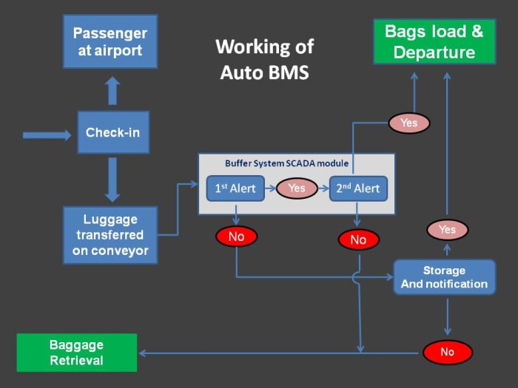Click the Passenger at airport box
point(110,42)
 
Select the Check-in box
point(112,132)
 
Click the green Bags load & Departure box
point(434,41)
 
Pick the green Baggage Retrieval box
point(77,353)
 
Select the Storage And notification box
point(444,277)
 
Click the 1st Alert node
point(235,188)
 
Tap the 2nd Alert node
point(358,188)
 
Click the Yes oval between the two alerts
point(297,188)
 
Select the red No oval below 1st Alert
point(236,236)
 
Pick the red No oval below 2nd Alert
point(358,239)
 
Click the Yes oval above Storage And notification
point(447,230)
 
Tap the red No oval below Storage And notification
point(447,352)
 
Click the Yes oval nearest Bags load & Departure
point(408,123)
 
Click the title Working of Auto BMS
point(264,60)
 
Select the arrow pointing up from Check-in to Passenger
point(112,90)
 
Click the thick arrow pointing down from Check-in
point(112,179)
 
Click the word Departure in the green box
point(434,52)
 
